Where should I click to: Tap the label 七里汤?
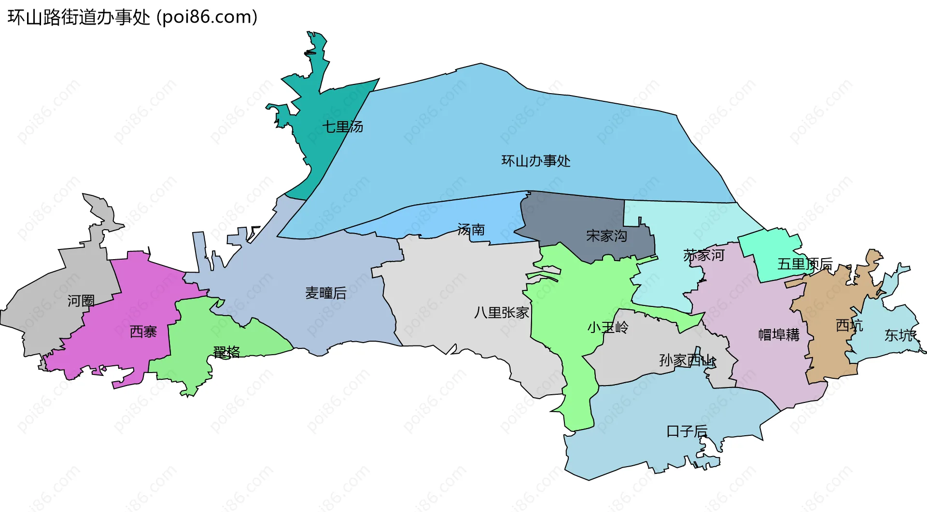343,127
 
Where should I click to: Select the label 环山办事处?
536,161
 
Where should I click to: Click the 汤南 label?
471,229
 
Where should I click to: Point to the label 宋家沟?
606,235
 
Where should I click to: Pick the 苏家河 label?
704,255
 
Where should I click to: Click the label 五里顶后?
805,263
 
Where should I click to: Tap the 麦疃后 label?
326,293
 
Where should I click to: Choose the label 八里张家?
502,312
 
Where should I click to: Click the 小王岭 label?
608,328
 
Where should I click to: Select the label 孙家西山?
688,360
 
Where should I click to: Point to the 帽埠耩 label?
779,334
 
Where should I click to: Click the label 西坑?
849,325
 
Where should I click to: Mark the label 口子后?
687,431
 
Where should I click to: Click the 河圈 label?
81,301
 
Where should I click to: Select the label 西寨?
143,332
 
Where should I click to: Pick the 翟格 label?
226,352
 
